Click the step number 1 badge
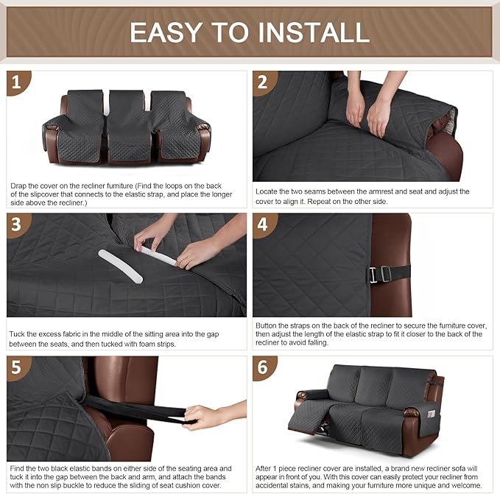(20, 84)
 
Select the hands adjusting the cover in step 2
(368, 110)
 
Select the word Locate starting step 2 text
(269, 191)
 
